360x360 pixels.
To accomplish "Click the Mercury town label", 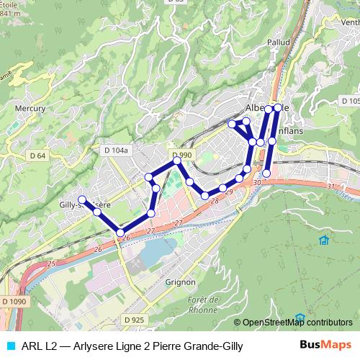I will pyautogui.click(x=30, y=109).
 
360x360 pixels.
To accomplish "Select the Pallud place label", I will pyautogui.click(x=279, y=42).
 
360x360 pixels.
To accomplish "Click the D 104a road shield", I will pyautogui.click(x=115, y=150).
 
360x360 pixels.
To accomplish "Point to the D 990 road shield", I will pyautogui.click(x=182, y=155).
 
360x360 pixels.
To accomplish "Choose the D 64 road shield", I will pyautogui.click(x=37, y=155).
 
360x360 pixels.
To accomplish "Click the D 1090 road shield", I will pyautogui.click(x=14, y=302).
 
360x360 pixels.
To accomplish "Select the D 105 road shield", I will pyautogui.click(x=350, y=101).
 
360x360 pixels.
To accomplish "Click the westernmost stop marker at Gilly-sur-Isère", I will pyautogui.click(x=82, y=199).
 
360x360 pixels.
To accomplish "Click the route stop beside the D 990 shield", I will pyautogui.click(x=177, y=162).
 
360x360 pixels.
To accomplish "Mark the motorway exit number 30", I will pyautogui.click(x=257, y=183).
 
